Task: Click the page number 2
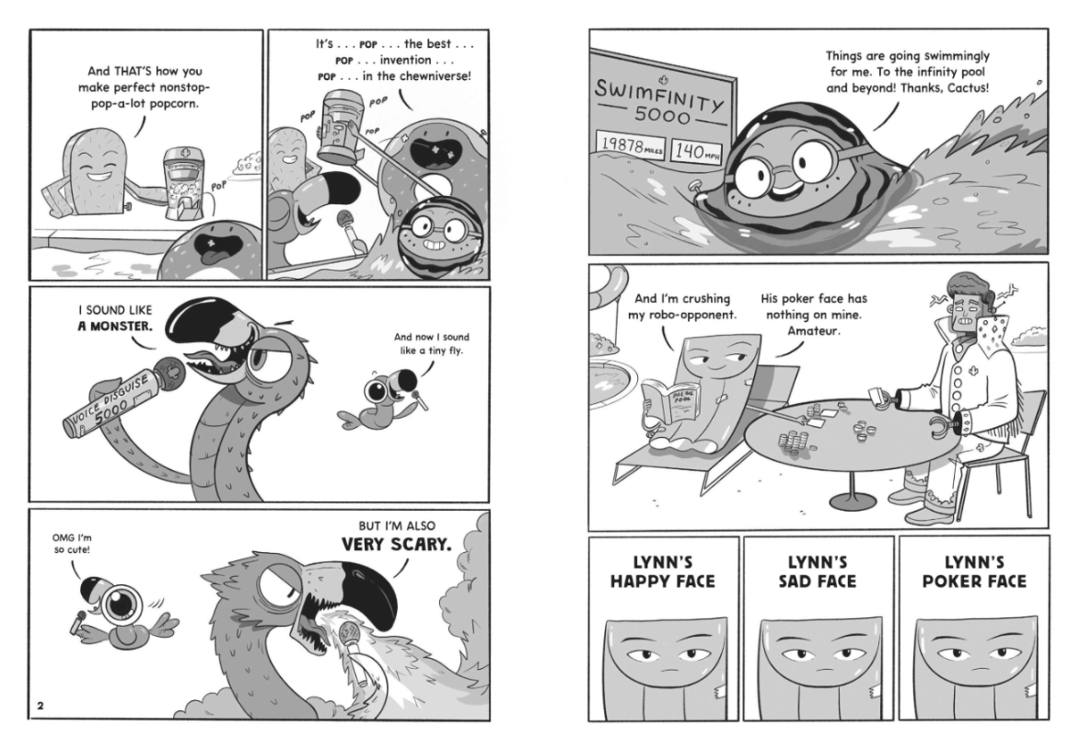41,706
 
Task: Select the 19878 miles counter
631,145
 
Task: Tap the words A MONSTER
115,326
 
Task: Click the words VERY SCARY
396,545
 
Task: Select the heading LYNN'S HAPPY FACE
663,571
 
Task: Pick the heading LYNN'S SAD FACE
818,571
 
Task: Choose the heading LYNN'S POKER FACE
973,571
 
